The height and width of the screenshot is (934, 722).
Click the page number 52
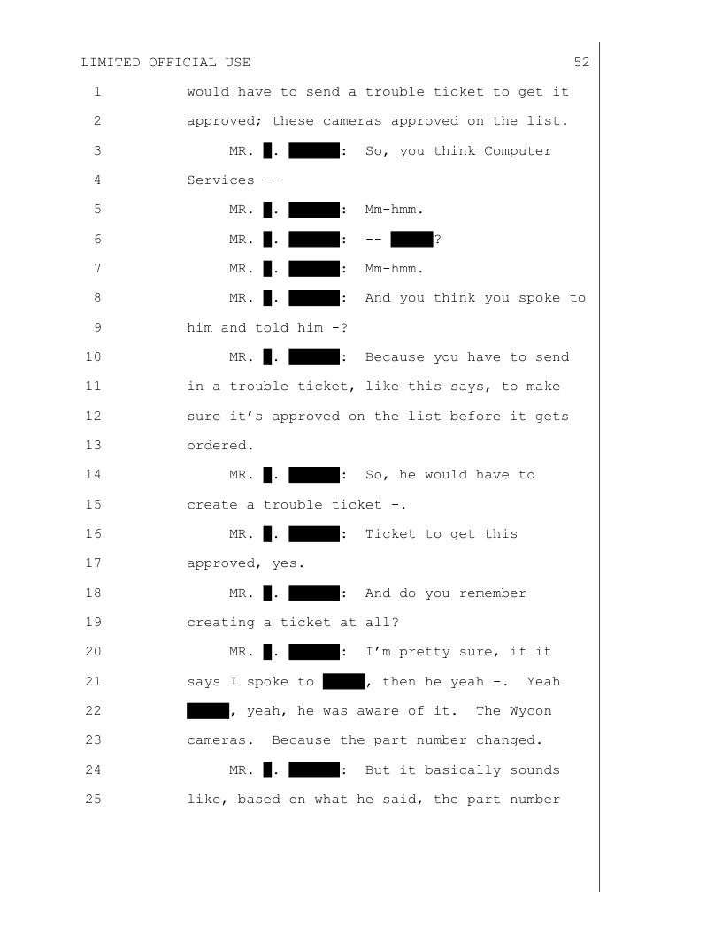(x=581, y=63)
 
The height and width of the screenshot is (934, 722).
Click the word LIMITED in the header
(x=111, y=63)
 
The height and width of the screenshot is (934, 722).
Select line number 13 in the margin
(x=96, y=446)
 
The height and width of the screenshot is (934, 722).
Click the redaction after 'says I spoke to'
(x=344, y=682)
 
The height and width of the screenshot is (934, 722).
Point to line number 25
(x=96, y=800)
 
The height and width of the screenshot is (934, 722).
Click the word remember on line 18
(x=492, y=593)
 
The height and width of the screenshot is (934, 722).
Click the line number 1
(x=96, y=92)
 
